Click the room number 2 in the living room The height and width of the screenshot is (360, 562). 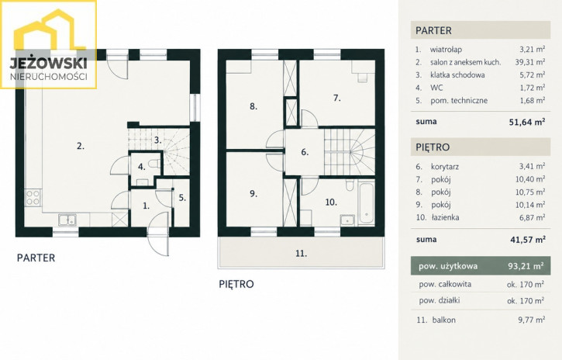click(x=81, y=146)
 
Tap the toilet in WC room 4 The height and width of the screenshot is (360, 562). click(x=154, y=164)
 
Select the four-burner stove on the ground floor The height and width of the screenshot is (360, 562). click(x=33, y=198)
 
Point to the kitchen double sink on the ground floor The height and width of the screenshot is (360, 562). click(x=67, y=220)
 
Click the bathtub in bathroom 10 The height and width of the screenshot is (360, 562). click(x=366, y=204)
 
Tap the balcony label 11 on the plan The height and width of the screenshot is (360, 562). click(x=301, y=254)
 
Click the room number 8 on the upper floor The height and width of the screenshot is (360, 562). click(x=253, y=106)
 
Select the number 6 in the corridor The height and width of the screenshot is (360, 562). click(x=305, y=152)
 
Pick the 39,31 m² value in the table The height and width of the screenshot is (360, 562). click(x=530, y=62)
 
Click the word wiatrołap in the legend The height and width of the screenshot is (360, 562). click(x=446, y=50)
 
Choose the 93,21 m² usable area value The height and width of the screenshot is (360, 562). click(x=526, y=266)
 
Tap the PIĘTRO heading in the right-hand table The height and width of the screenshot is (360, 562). click(x=433, y=147)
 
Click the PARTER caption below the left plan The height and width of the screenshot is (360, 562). click(x=36, y=258)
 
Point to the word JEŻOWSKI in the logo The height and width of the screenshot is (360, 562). click(x=48, y=63)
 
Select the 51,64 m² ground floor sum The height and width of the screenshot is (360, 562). click(x=527, y=122)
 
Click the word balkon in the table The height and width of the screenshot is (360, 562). click(x=443, y=320)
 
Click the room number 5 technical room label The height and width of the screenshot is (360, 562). click(x=182, y=198)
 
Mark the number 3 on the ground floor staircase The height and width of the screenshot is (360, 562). click(x=157, y=140)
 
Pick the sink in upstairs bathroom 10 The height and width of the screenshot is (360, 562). click(x=347, y=220)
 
